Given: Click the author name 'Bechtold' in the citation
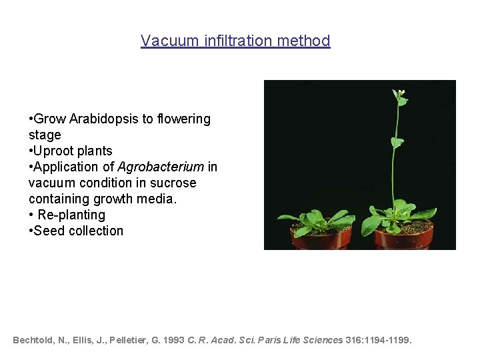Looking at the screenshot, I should [x=33, y=340].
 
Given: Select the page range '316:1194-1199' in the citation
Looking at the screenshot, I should [x=378, y=340].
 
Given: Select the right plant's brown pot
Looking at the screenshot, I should [x=404, y=239].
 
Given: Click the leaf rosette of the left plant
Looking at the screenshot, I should [x=313, y=220].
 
